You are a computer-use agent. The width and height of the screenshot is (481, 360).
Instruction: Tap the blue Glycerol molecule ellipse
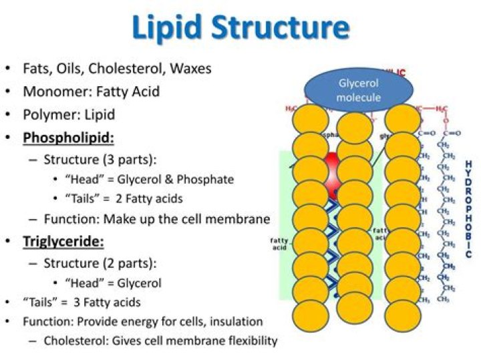tap(359, 90)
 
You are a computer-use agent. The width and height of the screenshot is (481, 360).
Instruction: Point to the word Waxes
tap(190, 69)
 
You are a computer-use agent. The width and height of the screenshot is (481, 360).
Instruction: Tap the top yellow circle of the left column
tap(311, 119)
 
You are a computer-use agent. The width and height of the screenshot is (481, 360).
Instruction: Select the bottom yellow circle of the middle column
tap(355, 305)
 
